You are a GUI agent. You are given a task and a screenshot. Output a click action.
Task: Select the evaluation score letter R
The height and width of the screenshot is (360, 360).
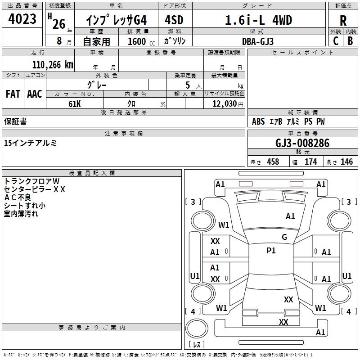pos(343,21)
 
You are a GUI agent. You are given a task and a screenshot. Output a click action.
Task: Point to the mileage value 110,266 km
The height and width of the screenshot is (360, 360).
pos(53,65)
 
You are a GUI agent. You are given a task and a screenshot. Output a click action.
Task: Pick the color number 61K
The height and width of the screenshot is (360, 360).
pos(75,103)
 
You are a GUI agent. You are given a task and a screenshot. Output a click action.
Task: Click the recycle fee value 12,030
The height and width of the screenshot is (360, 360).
pos(224,103)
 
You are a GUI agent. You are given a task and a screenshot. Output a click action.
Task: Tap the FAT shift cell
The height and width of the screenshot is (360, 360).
pos(13,94)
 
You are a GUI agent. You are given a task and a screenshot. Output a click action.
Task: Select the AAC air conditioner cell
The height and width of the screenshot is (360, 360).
pos(35,94)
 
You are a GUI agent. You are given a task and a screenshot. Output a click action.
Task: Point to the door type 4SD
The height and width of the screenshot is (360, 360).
pos(174,20)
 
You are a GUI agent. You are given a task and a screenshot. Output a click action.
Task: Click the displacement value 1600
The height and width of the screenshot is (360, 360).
pos(137,41)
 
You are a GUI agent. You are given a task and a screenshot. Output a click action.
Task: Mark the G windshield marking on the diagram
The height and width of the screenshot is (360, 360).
pos(284,237)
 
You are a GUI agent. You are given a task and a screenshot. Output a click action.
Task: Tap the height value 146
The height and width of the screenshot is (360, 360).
pos(346,162)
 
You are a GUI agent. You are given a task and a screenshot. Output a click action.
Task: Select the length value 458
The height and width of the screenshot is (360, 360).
pos(273,162)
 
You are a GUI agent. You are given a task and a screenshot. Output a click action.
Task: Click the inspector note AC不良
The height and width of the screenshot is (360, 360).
pos(18,197)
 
